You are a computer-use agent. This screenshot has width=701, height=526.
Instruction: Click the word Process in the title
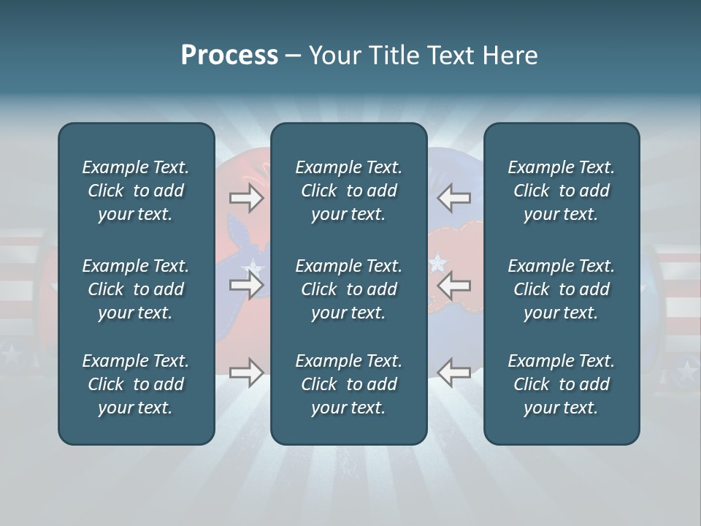coord(229,56)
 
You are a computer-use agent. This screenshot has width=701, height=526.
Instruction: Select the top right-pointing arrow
coord(246,197)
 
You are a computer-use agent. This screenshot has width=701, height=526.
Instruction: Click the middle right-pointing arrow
coord(246,285)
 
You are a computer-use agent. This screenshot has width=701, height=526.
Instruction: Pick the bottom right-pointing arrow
coord(246,373)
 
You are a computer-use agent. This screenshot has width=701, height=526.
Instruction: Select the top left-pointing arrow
coord(454,197)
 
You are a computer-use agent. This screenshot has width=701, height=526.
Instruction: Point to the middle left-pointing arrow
coord(454,285)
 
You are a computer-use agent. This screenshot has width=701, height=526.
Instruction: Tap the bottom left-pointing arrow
coord(454,373)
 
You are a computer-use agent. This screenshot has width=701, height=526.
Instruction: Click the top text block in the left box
coord(136,191)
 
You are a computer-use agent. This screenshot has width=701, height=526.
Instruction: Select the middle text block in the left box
coord(136,289)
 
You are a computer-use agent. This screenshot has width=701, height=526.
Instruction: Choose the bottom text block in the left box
coord(136,384)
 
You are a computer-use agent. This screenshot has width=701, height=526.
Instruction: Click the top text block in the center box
coord(348,191)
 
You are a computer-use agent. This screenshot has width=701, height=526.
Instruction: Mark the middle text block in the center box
coord(348,289)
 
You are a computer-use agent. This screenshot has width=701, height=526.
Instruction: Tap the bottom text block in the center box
coord(348,384)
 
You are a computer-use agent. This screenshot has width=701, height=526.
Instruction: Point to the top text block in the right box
coord(561,191)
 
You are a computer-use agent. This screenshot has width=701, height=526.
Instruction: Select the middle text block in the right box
coord(561,289)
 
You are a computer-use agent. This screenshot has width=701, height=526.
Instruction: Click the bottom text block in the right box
coord(561,384)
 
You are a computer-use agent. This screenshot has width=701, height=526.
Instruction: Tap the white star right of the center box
coord(438,260)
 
